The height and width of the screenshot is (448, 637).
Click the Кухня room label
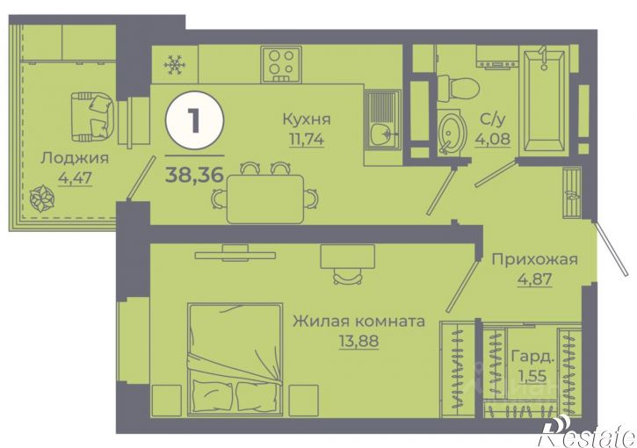coord(307,119)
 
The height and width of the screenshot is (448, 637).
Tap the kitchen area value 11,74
coord(307,140)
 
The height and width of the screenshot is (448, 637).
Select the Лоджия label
coord(75,158)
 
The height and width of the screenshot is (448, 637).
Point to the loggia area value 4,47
coord(76,177)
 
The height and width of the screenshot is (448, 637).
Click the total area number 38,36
coord(194,175)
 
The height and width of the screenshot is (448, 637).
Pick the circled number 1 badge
coord(194,120)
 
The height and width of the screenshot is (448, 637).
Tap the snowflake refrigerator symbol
coord(175,65)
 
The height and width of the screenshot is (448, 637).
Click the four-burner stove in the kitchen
coord(281,65)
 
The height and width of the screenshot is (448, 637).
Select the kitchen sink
coord(382,119)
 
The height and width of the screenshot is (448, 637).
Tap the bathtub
coord(544,100)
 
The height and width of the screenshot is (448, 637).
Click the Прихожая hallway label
coord(534,259)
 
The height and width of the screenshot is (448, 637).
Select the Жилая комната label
coord(359,322)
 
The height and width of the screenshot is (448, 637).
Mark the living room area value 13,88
coord(359,341)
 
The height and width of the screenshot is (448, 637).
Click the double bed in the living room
coord(235,359)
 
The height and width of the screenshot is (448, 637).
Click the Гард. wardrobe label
coord(532,357)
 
